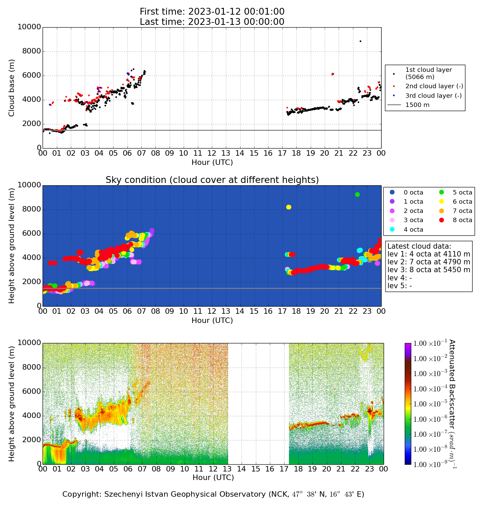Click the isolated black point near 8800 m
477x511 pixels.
point(360,41)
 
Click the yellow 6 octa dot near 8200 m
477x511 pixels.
point(289,207)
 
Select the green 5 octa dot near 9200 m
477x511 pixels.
point(357,195)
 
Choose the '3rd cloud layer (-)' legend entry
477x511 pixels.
point(433,96)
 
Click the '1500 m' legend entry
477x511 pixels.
point(417,105)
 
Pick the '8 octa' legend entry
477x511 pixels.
point(462,220)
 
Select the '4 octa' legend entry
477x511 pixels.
point(413,230)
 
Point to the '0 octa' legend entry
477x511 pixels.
point(413,192)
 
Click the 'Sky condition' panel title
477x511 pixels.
point(212,180)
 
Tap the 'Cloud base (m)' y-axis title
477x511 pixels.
point(12,88)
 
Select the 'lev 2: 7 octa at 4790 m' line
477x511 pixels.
point(429,262)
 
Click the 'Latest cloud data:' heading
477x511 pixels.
point(419,246)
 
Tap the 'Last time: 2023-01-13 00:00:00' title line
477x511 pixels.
point(212,22)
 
